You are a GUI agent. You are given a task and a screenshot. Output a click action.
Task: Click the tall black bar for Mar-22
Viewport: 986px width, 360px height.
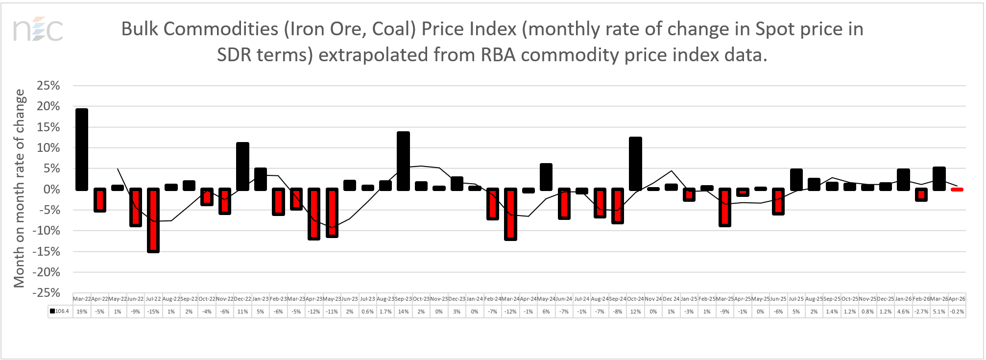(x=82, y=149)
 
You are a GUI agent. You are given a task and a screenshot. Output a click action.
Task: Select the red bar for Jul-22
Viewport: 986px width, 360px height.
(x=153, y=220)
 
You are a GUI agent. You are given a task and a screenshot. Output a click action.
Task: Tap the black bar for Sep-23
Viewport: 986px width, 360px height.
(x=403, y=161)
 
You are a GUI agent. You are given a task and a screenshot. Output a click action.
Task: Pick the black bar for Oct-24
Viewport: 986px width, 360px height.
(x=635, y=164)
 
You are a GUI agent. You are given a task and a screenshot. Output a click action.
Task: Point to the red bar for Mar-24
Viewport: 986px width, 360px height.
(x=510, y=214)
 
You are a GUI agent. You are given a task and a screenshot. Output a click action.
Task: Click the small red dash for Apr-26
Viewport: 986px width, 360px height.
(x=957, y=190)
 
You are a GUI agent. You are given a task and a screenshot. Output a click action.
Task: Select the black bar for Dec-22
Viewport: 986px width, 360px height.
(x=242, y=167)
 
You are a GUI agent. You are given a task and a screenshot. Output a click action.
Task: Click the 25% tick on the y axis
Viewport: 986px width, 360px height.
(x=48, y=86)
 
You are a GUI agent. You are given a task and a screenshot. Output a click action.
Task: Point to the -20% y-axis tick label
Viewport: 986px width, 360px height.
(x=46, y=272)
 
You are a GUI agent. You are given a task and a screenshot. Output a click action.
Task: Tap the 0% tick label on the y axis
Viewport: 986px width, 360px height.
(x=51, y=190)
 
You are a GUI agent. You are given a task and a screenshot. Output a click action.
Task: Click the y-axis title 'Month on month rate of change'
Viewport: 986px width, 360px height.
(x=19, y=189)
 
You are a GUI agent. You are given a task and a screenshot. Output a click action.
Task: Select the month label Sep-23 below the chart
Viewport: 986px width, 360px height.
(x=403, y=299)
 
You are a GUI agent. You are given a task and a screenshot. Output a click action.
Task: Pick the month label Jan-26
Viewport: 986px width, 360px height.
(x=903, y=299)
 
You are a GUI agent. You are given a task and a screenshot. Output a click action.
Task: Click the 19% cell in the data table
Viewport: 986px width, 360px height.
(x=82, y=312)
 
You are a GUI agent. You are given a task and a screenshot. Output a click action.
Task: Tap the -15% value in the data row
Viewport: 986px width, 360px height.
(x=153, y=312)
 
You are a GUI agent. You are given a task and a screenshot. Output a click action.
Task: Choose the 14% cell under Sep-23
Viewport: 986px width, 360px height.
(x=403, y=312)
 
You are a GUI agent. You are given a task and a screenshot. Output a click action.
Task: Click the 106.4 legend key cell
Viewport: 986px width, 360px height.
(x=60, y=312)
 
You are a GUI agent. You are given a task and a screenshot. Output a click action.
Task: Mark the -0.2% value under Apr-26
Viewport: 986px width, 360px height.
(x=957, y=312)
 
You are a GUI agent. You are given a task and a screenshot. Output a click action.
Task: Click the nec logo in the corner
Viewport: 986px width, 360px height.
(x=38, y=30)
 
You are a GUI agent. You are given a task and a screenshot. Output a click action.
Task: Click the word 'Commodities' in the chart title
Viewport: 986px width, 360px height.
(x=221, y=29)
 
